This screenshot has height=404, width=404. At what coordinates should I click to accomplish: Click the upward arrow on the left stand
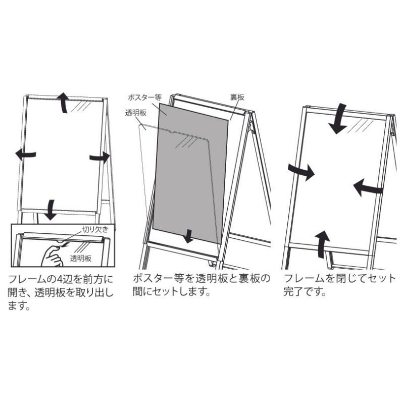(x=64, y=103)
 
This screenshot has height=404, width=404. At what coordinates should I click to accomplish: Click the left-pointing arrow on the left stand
(x=25, y=155)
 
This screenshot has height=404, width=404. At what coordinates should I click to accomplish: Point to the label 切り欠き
(x=95, y=229)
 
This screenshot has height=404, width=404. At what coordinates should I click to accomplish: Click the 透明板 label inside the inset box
(x=81, y=259)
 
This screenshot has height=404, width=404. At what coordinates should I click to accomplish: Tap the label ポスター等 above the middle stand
(x=144, y=97)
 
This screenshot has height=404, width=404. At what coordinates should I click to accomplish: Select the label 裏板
(x=237, y=97)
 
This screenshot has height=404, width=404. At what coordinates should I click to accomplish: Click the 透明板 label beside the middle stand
(x=136, y=113)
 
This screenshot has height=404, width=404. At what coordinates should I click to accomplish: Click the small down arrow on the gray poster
(x=189, y=236)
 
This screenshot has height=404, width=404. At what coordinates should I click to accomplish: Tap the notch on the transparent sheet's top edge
(x=171, y=132)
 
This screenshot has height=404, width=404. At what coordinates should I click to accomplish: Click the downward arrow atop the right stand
(x=338, y=119)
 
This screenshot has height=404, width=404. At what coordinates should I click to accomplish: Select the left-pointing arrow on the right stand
(x=368, y=187)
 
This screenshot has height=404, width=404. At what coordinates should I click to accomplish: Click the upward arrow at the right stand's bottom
(x=322, y=244)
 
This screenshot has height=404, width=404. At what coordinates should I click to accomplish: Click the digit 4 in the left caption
(x=59, y=279)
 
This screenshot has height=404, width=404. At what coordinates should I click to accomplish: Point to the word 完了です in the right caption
(x=305, y=292)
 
